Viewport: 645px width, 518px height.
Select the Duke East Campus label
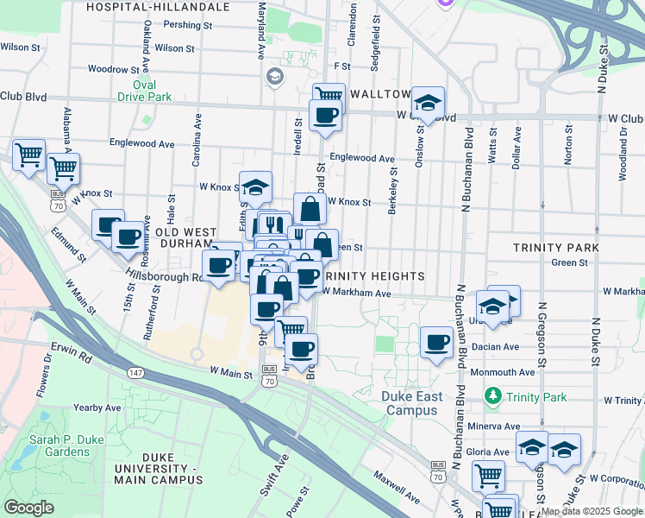click(x=412, y=403)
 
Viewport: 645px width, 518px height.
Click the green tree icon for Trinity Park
click(x=492, y=397)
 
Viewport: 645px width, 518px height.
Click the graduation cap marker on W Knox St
click(x=255, y=186)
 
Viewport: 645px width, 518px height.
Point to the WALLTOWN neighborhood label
click(x=379, y=93)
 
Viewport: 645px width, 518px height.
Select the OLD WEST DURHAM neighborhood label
click(x=186, y=239)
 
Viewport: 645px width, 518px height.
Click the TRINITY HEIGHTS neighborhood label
click(x=373, y=276)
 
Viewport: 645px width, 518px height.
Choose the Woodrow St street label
click(x=113, y=69)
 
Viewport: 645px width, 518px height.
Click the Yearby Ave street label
click(x=97, y=407)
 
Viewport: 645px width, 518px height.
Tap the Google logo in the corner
click(x=29, y=507)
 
